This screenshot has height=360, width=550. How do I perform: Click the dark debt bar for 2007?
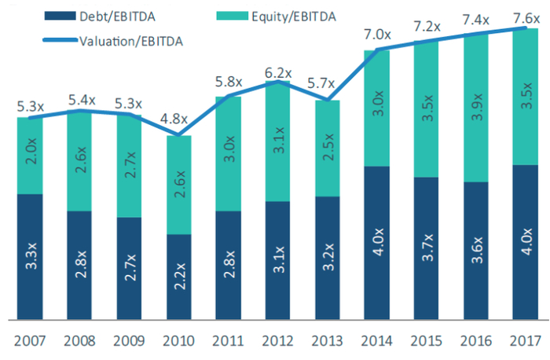[30, 257]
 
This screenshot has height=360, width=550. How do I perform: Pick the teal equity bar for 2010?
[179, 186]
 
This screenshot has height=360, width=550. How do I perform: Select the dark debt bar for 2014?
[378, 243]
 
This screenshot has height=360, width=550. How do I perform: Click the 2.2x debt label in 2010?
[180, 276]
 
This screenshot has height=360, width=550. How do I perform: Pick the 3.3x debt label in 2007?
[31, 257]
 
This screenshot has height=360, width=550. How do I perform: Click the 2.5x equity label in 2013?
[328, 149]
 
